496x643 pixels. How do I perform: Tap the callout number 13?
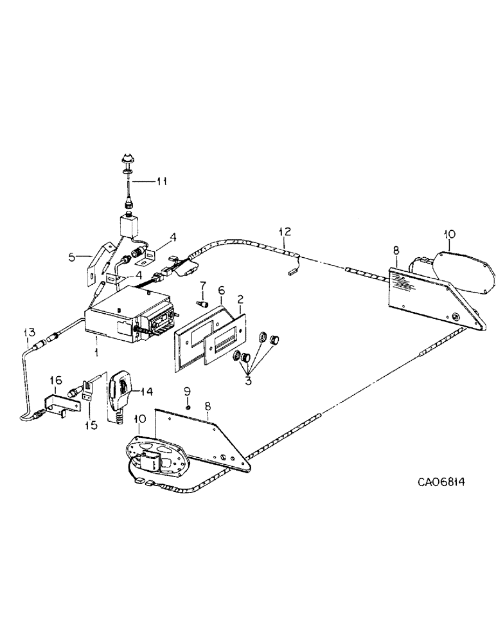pyautogui.click(x=28, y=332)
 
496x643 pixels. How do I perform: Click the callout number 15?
pyautogui.click(x=90, y=425)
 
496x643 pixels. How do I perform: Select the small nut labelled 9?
pyautogui.click(x=188, y=406)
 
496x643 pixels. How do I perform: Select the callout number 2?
pyautogui.click(x=240, y=299)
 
